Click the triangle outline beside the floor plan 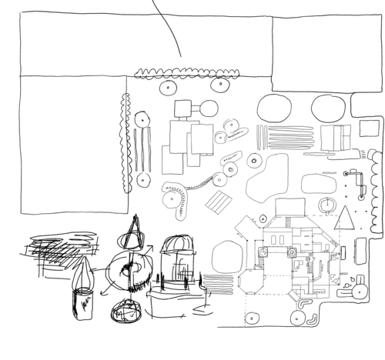point(346,219)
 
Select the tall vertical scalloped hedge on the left point(125,142)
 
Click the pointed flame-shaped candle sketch point(83,285)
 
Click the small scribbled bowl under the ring point(126,312)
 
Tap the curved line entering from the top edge point(167,27)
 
